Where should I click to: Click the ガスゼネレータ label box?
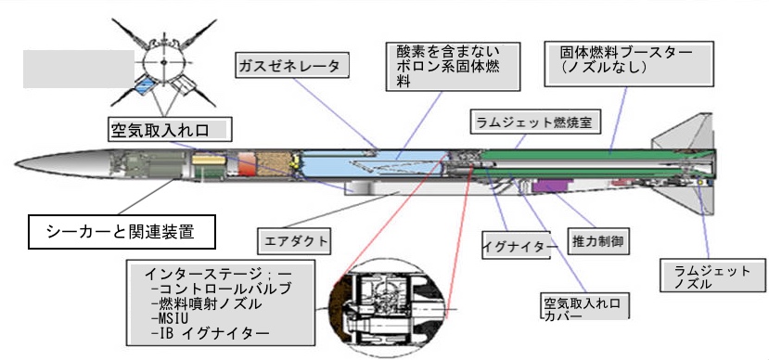click(x=293, y=66)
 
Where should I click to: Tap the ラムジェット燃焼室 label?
click(x=535, y=122)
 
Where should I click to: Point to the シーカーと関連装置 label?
click(x=122, y=232)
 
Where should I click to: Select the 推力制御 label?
click(x=597, y=241)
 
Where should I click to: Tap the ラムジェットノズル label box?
click(x=712, y=276)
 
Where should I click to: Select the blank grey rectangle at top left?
click(x=79, y=69)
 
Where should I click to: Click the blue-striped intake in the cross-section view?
click(x=145, y=86)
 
